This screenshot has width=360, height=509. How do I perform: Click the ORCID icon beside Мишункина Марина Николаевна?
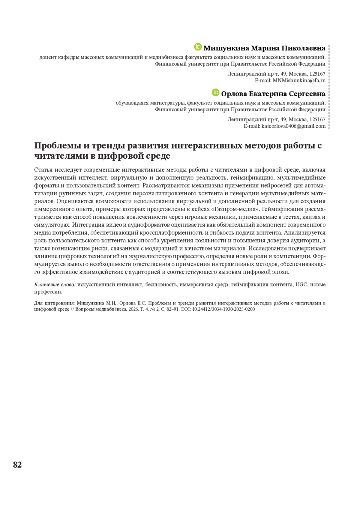pos(198,47)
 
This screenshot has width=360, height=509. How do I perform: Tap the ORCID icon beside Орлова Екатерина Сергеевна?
pos(215,92)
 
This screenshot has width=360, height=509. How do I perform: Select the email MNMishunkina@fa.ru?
pos(299,80)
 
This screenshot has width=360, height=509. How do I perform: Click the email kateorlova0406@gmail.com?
pos(293,126)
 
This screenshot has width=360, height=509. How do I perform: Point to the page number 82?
pos(17,465)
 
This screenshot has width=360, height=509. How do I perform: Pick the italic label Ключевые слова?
pos(55,284)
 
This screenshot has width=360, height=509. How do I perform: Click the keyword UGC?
pos(301,284)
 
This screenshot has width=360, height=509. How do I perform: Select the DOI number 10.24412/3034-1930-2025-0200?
pos(223,309)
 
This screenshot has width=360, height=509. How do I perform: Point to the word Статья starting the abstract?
pos(43,170)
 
